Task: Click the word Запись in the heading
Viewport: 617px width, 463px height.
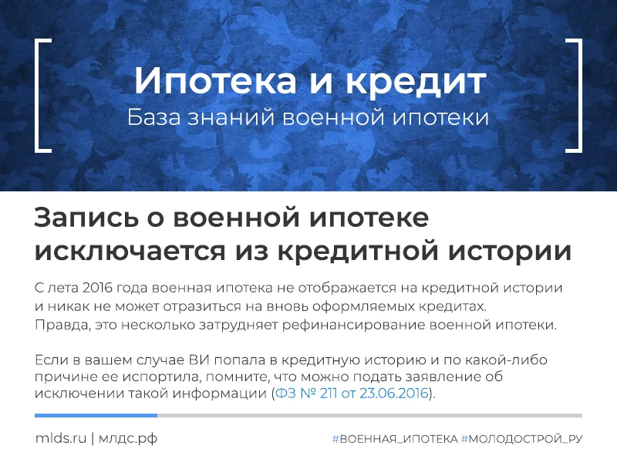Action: pos(86,218)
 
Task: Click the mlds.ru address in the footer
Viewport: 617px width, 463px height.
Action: pos(60,438)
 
